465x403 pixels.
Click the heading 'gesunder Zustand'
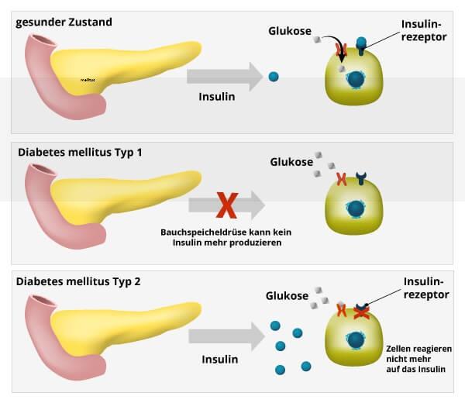(x=64, y=22)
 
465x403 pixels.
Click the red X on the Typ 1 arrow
(x=226, y=205)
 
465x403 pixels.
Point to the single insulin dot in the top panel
(x=273, y=77)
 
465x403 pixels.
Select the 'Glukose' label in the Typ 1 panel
(x=291, y=162)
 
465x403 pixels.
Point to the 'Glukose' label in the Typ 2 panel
(x=287, y=295)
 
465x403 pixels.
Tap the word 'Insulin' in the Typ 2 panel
(x=219, y=360)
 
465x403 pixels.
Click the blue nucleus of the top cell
(x=356, y=79)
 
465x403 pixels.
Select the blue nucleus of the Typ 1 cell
(x=356, y=208)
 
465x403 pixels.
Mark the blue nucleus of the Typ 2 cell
(x=357, y=339)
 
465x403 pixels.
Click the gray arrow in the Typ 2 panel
(x=225, y=334)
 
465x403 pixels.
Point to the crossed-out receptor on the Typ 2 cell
(x=360, y=311)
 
